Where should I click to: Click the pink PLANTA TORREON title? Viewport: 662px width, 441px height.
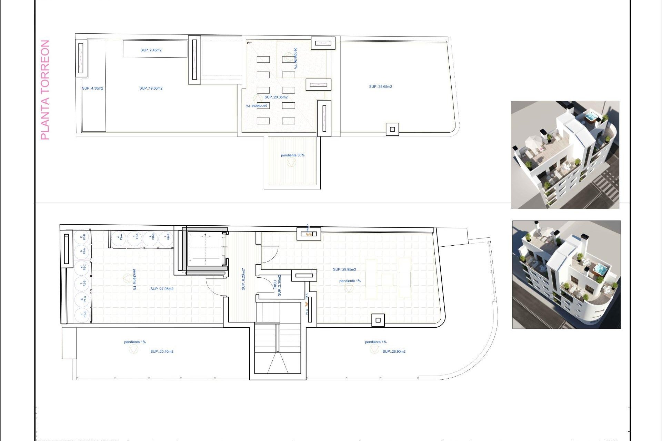pos(45,90)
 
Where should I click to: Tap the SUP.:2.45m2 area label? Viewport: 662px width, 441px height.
pos(151,50)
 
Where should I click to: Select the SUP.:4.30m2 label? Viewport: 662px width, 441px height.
pos(92,89)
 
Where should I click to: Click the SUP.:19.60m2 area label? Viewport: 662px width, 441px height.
pos(151,89)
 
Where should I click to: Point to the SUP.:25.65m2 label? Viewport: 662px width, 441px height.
pos(381,87)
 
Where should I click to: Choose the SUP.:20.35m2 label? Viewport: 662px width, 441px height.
pos(276,97)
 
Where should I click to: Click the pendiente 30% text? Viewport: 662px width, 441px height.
pos(293,155)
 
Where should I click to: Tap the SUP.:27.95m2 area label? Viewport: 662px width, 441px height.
pos(162,289)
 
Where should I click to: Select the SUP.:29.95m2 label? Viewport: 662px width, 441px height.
pos(344,269)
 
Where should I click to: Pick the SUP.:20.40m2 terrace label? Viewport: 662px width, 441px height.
pos(162,352)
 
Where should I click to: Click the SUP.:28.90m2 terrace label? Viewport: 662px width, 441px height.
pos(394,352)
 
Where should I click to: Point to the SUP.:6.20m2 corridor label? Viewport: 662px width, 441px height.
pos(243,279)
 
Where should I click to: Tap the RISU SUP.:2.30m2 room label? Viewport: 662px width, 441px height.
pos(277,286)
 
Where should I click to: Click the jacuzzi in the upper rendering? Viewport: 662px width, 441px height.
pos(591,117)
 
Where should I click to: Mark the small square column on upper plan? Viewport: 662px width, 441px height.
pos(392,130)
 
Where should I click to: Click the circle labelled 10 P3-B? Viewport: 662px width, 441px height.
pos(82,237)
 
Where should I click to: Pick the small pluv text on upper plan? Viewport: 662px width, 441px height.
pos(249,43)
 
